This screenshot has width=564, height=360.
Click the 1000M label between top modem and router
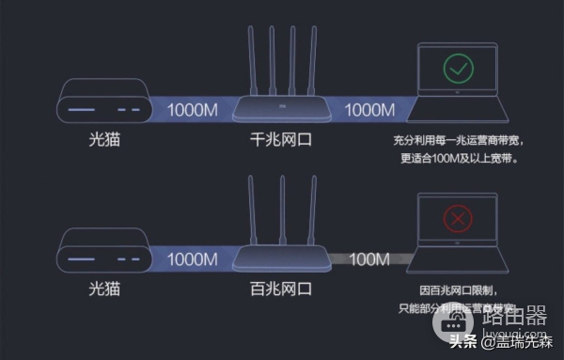(193, 109)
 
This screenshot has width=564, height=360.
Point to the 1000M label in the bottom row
(193, 257)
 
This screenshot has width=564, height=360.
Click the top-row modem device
(102, 103)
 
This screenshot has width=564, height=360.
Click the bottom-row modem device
(102, 251)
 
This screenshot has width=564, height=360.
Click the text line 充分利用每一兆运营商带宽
(458, 142)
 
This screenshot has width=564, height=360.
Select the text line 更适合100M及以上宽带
(458, 158)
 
